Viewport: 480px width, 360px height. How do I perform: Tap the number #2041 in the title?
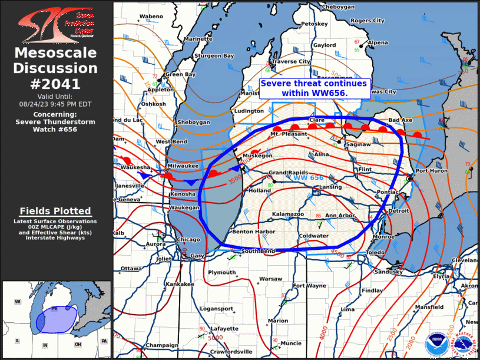pos(56,84)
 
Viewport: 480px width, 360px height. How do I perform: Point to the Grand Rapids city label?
pos(285,173)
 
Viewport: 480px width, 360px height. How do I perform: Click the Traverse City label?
pos(290,61)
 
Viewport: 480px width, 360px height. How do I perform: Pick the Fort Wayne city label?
pos(310,286)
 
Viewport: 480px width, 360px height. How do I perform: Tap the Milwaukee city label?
pos(181,167)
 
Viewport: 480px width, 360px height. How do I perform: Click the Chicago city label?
pos(188,240)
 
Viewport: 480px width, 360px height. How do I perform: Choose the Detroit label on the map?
pos(399,210)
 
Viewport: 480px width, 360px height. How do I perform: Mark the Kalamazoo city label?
pos(287,214)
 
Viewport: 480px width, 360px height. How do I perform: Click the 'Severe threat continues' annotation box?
pos(314,88)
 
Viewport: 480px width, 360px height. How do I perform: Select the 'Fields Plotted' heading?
pos(55,211)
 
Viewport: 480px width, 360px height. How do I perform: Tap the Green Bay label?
pos(180,75)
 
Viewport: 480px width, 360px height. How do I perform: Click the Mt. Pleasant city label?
pos(289,134)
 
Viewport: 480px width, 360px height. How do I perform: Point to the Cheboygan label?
pos(339,7)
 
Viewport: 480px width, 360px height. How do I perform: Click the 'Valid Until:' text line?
pos(56,96)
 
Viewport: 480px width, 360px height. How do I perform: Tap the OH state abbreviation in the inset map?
pos(78,344)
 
